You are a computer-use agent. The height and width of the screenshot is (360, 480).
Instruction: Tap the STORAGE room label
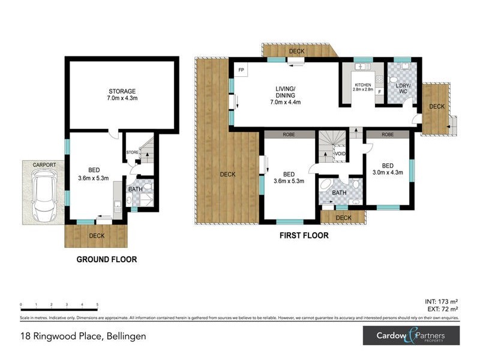122,91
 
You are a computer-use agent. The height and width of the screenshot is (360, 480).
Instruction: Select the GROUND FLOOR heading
106,260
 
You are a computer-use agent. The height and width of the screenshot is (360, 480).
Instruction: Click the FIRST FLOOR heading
304,236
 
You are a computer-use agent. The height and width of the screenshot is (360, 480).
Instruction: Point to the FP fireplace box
241,70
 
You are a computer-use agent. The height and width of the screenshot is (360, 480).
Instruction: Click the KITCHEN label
364,84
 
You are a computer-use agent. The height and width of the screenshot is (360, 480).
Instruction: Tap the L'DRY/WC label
401,86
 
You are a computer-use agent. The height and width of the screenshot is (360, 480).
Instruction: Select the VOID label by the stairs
340,154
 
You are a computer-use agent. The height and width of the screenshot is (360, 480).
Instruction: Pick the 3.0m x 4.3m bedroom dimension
388,173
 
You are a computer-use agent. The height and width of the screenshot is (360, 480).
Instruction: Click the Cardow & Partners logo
411,335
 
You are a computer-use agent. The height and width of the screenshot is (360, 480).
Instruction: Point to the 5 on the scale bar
97,305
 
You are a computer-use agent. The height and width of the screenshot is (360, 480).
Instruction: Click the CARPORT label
44,164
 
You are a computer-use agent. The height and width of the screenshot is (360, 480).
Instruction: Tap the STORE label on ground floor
133,152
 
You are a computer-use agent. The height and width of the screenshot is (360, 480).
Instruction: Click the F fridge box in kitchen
380,91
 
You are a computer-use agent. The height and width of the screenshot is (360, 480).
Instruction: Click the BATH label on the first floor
340,193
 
